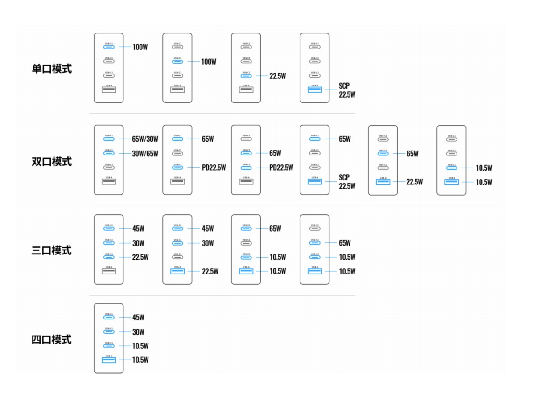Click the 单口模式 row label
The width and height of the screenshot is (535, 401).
(52, 69)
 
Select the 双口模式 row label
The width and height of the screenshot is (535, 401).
(52, 161)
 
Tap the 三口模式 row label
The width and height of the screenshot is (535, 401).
(52, 250)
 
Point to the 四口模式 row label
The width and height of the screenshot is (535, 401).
(52, 340)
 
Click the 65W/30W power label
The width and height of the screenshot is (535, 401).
(145, 139)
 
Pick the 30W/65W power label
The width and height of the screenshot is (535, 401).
(145, 154)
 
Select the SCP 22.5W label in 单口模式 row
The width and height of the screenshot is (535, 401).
(347, 90)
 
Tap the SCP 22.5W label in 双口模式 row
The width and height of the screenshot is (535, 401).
(347, 182)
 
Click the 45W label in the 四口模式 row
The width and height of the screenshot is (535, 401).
(138, 318)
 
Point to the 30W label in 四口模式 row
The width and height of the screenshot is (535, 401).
(138, 332)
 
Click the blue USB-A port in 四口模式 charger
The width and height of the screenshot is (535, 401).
(109, 360)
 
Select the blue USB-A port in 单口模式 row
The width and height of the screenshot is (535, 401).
(315, 90)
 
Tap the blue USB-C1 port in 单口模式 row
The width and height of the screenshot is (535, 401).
(109, 47)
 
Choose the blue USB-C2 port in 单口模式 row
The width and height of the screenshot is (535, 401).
(178, 61)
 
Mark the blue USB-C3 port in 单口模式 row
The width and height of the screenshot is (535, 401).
(246, 76)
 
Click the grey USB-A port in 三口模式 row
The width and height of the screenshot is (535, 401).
(109, 271)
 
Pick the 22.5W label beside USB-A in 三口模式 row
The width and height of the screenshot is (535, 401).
(210, 271)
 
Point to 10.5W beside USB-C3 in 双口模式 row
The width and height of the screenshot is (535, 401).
(484, 168)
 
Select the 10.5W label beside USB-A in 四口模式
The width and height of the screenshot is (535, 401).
(140, 360)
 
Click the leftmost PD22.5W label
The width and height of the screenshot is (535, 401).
(214, 168)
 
